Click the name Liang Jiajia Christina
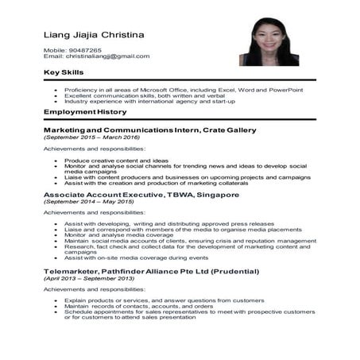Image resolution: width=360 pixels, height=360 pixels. point(94,36)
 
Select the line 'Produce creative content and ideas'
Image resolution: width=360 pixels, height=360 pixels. point(116,160)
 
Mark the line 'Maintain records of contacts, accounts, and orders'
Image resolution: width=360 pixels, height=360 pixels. point(137,307)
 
